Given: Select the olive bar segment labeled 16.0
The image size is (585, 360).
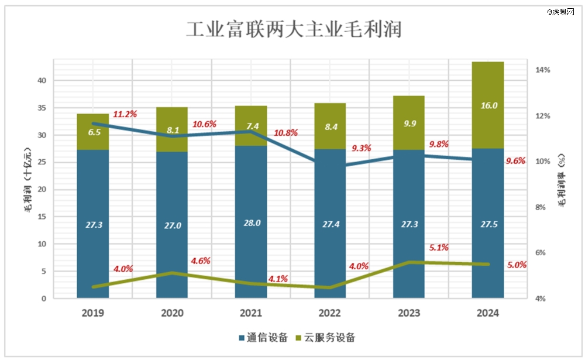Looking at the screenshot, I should pyautogui.click(x=488, y=105).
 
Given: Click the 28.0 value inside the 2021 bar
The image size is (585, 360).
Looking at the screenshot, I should pyautogui.click(x=250, y=223).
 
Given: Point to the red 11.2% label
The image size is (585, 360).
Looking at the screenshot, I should pyautogui.click(x=125, y=114).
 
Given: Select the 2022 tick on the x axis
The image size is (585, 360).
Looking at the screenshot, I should pyautogui.click(x=329, y=313).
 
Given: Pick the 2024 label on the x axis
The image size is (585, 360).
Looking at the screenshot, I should pyautogui.click(x=487, y=313).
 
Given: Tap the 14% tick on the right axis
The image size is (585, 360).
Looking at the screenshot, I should pyautogui.click(x=542, y=70).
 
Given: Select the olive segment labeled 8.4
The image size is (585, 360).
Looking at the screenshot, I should pyautogui.click(x=329, y=126).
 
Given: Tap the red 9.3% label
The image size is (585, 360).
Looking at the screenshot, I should pyautogui.click(x=362, y=149).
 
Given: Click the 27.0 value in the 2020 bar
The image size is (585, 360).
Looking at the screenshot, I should pyautogui.click(x=171, y=223).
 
